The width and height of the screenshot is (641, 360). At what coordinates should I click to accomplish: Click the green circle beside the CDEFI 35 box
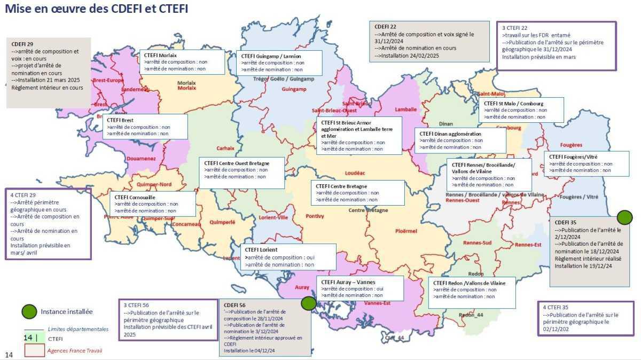[x=624, y=217]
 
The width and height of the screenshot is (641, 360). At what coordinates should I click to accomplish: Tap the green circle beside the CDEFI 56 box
[x=308, y=303]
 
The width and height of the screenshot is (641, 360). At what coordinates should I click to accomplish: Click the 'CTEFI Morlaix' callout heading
[x=160, y=55]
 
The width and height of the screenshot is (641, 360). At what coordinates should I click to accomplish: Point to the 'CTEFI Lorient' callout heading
[x=261, y=249]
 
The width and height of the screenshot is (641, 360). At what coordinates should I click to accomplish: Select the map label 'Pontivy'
[x=315, y=216]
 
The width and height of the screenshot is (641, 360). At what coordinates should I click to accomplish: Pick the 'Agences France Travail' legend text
[x=74, y=350]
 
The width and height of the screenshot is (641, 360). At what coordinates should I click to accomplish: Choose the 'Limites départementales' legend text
[x=78, y=329]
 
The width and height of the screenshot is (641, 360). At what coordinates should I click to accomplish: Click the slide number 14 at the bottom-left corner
[x=9, y=355]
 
